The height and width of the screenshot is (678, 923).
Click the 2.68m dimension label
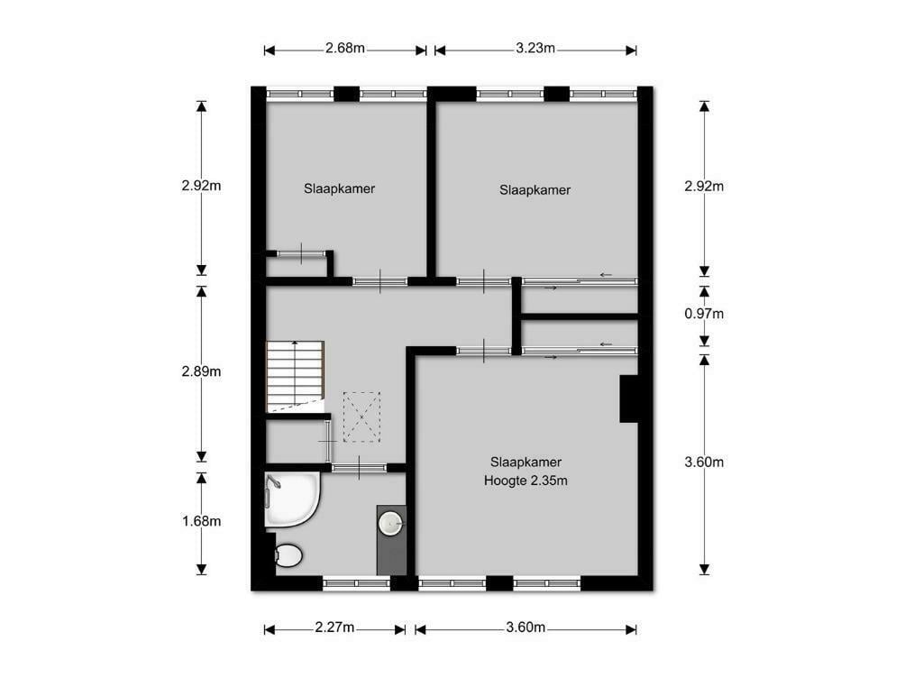(345, 49)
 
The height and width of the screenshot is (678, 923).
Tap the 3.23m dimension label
(535, 49)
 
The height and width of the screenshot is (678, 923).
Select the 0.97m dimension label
(704, 314)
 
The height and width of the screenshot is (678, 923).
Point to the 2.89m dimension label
(201, 371)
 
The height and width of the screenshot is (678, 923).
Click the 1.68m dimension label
(201, 521)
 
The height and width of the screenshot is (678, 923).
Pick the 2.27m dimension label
(334, 628)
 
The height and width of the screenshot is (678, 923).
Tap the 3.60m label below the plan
(525, 628)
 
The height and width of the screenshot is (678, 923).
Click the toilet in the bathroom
(288, 555)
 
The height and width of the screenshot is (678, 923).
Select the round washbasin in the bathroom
(391, 523)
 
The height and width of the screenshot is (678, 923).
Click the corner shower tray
(291, 499)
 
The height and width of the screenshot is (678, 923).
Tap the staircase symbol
(295, 376)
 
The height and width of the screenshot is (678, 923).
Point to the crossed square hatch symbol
(362, 417)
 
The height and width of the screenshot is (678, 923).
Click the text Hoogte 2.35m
(525, 481)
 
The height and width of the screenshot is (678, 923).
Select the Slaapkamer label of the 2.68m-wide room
(340, 189)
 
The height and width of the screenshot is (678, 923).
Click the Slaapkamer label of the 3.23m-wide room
(535, 190)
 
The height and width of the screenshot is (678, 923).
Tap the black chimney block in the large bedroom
(628, 399)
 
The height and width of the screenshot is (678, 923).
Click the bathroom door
(359, 468)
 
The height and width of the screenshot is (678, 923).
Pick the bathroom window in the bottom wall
(356, 583)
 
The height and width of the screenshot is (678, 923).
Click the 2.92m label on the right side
(704, 186)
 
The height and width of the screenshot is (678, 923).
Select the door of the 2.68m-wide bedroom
(380, 281)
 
